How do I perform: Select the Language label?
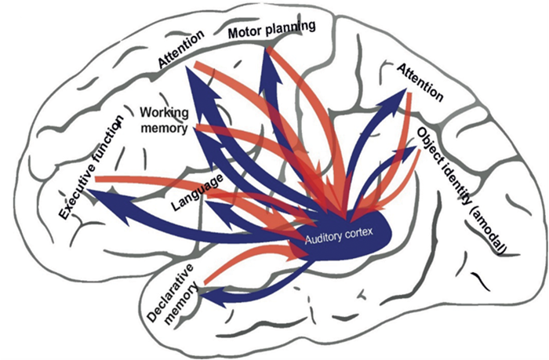[194, 195]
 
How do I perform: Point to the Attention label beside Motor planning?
[181, 50]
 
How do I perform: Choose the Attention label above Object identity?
[420, 81]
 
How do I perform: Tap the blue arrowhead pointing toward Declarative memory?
[207, 296]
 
